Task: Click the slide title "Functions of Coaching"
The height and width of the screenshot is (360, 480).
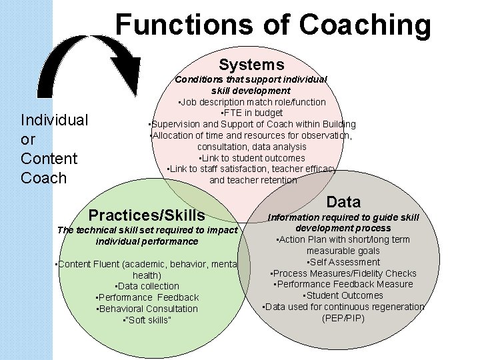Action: (x=273, y=25)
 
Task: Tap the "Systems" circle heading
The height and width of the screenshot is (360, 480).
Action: (x=251, y=65)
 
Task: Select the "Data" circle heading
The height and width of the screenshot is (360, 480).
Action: (x=344, y=202)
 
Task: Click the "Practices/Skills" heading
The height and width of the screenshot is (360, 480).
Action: (x=147, y=215)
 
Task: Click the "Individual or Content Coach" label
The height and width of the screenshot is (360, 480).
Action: (x=54, y=149)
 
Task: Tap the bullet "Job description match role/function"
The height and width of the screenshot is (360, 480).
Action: (x=251, y=102)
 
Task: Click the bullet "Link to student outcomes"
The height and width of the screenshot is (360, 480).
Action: (x=251, y=158)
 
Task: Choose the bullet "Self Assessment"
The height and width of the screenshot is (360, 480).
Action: (x=343, y=262)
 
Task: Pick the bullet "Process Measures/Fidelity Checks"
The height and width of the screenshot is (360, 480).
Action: (x=343, y=273)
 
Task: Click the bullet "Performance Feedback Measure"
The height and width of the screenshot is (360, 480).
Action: (x=343, y=284)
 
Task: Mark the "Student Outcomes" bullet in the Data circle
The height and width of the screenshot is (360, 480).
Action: (x=343, y=295)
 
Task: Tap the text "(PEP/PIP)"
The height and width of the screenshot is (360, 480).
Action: (x=343, y=318)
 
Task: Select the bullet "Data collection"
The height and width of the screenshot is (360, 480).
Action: (x=147, y=286)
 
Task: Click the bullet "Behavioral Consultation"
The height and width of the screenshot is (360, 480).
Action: (x=147, y=309)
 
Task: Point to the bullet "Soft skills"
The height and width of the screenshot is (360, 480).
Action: (x=147, y=320)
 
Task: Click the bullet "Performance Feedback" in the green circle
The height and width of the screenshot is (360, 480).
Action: (x=147, y=297)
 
